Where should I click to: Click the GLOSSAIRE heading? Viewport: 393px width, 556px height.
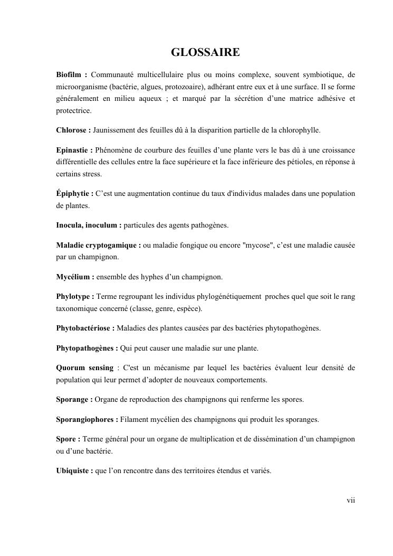[x=206, y=52]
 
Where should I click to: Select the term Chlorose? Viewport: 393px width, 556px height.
[x=72, y=130]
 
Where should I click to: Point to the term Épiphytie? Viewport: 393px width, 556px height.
[x=73, y=194]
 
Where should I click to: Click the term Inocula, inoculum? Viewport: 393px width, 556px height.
[x=87, y=225]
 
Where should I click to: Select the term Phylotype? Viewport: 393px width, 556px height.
[x=73, y=297]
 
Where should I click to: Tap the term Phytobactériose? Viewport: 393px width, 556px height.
[x=83, y=328]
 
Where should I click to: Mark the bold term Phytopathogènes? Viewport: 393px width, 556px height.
[x=85, y=348]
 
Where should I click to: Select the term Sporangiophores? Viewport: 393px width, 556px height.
[x=86, y=420]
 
